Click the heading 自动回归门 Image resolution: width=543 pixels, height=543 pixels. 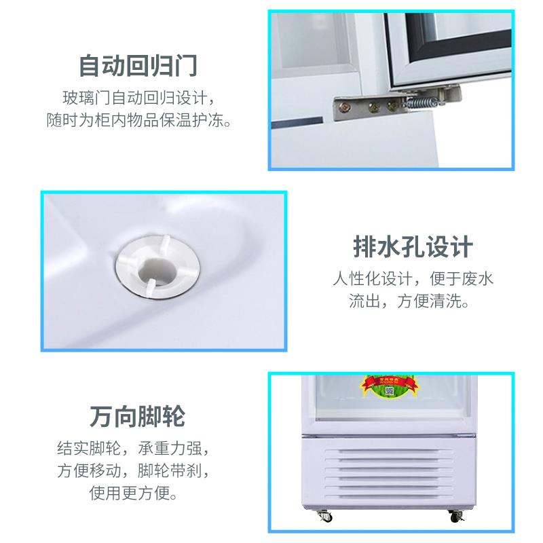point(138,65)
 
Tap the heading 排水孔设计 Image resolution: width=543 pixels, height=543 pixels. point(413,247)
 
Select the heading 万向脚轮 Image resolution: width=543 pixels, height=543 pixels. point(138,416)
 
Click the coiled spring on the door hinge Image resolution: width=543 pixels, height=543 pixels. point(419,103)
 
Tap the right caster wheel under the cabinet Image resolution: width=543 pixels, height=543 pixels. point(455,516)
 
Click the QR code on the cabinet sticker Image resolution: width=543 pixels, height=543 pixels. point(389,392)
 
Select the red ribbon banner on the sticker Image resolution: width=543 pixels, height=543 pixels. point(387,382)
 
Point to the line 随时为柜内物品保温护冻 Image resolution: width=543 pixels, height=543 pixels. point(138,120)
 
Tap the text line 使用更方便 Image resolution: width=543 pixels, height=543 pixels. point(133,493)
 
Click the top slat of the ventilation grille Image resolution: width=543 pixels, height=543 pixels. point(389,452)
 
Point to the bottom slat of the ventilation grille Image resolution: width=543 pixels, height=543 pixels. point(389,497)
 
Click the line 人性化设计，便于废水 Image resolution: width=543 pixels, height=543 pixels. point(413,278)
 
